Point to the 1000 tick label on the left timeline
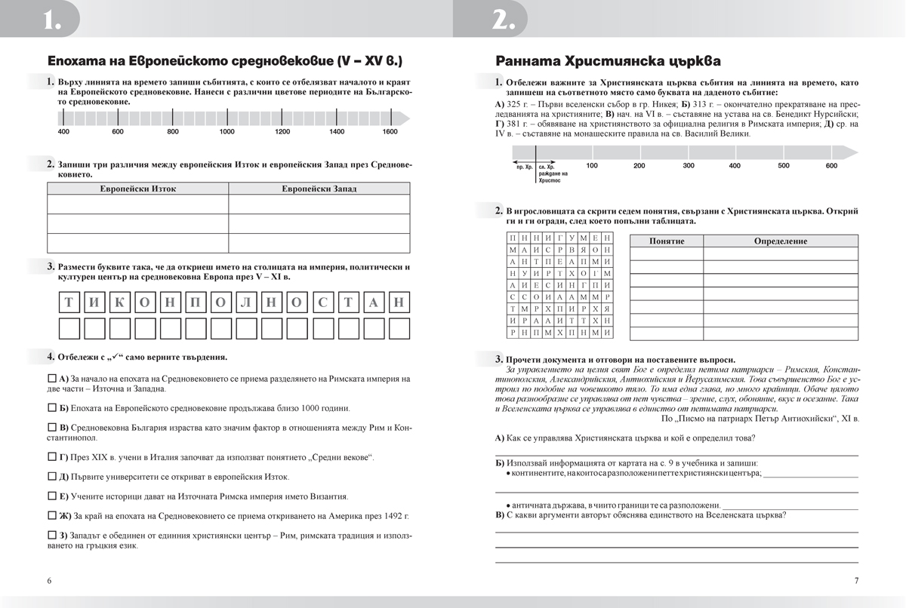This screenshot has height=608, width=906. pos(227,132)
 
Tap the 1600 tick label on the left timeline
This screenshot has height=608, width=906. pos(390,132)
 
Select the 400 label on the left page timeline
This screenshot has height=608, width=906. pos(63,132)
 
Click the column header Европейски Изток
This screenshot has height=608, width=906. pos(138,189)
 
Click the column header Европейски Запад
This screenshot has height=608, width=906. pos(319,189)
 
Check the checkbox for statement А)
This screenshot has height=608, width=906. pos(51,378)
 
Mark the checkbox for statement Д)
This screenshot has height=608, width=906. pos(51,477)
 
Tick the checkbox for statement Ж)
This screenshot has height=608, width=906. pos(51,516)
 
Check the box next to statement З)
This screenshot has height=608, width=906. pos(51,536)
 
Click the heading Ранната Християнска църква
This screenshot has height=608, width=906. pos(607,60)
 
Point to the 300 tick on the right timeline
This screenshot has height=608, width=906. pos(689,165)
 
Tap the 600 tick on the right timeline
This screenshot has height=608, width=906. pos(831,165)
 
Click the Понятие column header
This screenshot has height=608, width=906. pos(666,241)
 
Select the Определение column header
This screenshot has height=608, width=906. pos(780,241)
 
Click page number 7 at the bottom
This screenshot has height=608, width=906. pos(856,581)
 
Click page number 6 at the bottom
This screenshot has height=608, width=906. pos(49,581)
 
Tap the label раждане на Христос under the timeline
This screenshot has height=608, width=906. pos(553,177)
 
